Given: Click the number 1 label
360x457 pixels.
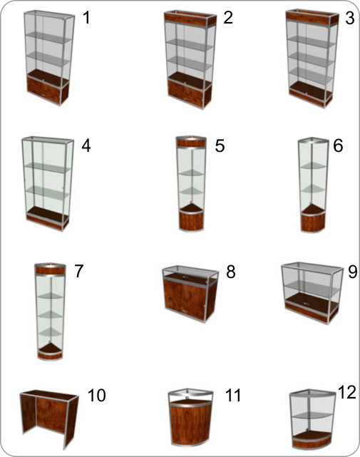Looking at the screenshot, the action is pos(86,17).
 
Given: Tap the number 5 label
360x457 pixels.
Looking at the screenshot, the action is pos(220,145).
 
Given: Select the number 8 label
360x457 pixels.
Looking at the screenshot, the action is pos(230,272).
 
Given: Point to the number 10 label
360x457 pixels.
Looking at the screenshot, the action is pos(96,396).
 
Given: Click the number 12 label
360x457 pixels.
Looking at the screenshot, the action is pos(347,392).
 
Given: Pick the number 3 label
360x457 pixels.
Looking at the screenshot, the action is pos(349,18).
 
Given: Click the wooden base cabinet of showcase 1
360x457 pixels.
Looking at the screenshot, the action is pos(48,91).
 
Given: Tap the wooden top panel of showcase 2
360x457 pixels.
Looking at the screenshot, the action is pos(190,19).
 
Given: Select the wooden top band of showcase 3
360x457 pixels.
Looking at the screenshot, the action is pos(312,17).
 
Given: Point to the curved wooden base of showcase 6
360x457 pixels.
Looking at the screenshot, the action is pos(313,222).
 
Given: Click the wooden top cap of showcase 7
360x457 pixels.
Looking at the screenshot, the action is pos(50,270).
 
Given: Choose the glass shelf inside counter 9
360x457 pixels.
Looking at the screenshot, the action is pos(312,288).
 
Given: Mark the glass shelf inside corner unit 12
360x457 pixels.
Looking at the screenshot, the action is pos(312,414).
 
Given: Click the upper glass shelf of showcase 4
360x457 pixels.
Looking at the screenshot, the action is pos(47,168).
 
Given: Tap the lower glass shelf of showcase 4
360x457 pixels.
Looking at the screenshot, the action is pos(48,192).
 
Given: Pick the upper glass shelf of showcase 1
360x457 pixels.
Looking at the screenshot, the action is pos(48,37).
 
